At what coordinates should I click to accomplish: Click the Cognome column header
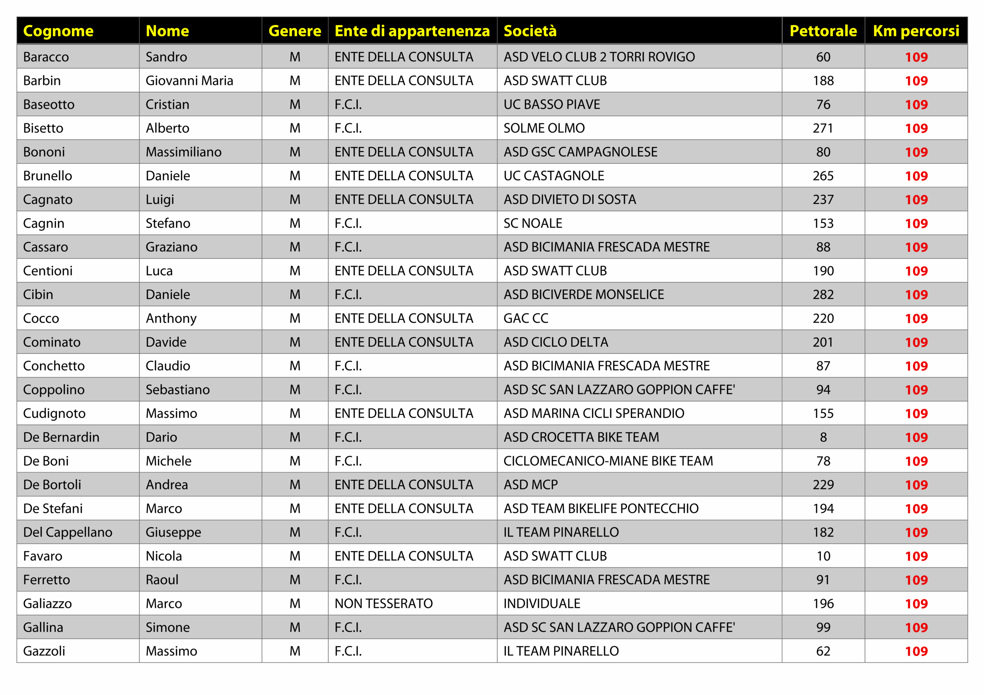[x=58, y=31]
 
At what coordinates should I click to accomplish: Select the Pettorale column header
[x=823, y=31]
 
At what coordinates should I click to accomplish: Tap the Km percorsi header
[x=916, y=31]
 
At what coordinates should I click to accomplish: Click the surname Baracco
[x=46, y=57]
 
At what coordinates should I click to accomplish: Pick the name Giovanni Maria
[x=189, y=81]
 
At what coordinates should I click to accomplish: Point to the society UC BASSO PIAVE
[x=552, y=104]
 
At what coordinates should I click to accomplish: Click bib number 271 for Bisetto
[x=823, y=128]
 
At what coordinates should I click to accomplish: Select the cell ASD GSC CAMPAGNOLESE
[x=580, y=152]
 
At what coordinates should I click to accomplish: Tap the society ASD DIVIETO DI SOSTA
[x=570, y=200]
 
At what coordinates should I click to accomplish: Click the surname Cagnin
[x=44, y=223]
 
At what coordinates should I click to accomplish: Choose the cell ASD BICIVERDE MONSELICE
[x=584, y=294]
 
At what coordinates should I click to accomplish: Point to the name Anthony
[x=171, y=318]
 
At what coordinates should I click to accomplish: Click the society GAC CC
[x=526, y=318]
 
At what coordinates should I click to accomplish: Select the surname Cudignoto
[x=55, y=413]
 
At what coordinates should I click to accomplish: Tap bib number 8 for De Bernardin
[x=823, y=437]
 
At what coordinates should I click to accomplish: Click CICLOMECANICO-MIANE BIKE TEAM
[x=608, y=461]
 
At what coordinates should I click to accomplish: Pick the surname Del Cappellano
[x=68, y=532]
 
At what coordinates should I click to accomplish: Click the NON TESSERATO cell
[x=384, y=603]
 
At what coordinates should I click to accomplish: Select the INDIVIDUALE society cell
[x=542, y=603]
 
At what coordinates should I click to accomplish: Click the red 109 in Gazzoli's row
[x=916, y=651]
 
